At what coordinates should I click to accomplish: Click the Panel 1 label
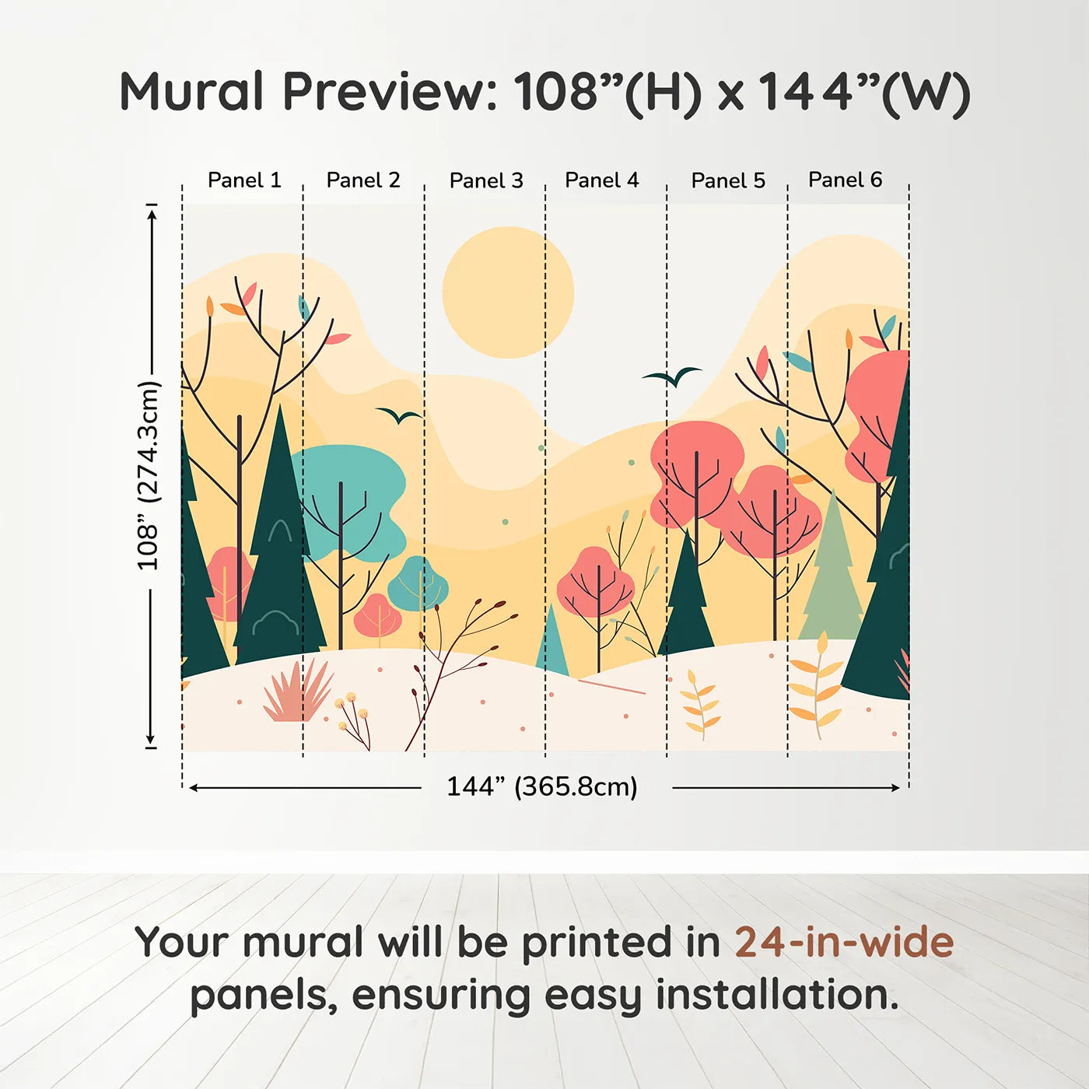(x=244, y=180)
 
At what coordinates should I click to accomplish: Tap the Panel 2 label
(x=363, y=180)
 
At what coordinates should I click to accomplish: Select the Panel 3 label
(x=486, y=180)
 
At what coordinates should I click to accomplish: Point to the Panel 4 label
(x=602, y=180)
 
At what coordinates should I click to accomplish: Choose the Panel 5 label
(x=728, y=180)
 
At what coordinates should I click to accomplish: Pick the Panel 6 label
(x=845, y=180)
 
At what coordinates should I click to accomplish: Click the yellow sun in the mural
(x=508, y=292)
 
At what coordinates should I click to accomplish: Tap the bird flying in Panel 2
(x=399, y=415)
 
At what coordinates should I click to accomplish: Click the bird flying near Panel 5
(x=672, y=376)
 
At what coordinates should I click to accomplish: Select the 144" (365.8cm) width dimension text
(x=542, y=786)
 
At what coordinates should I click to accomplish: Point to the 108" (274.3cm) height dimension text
(x=149, y=475)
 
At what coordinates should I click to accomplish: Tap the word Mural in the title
(x=191, y=92)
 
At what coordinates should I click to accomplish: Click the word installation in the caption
(x=777, y=995)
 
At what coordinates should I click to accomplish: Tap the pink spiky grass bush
(x=298, y=692)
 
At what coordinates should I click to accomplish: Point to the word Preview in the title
(x=390, y=92)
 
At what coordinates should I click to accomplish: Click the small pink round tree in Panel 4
(x=596, y=582)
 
